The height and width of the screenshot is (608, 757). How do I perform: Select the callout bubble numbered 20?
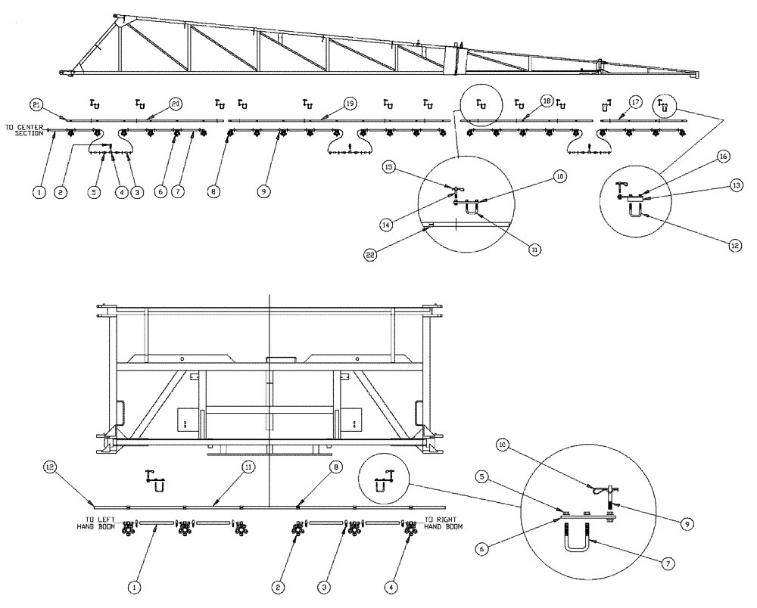(x=176, y=103)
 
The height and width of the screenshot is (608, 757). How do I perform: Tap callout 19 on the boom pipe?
(x=349, y=103)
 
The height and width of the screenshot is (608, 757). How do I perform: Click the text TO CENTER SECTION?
(x=24, y=130)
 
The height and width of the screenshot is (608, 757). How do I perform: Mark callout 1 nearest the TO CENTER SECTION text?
(x=39, y=192)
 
